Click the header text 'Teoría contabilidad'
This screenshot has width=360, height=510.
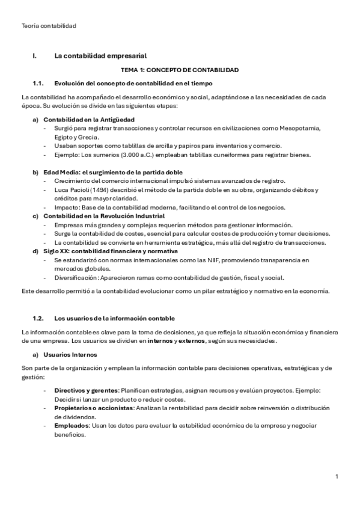pos(48,25)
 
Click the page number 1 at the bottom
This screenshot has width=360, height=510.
pos(337,476)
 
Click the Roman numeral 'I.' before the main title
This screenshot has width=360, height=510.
pos(35,56)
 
